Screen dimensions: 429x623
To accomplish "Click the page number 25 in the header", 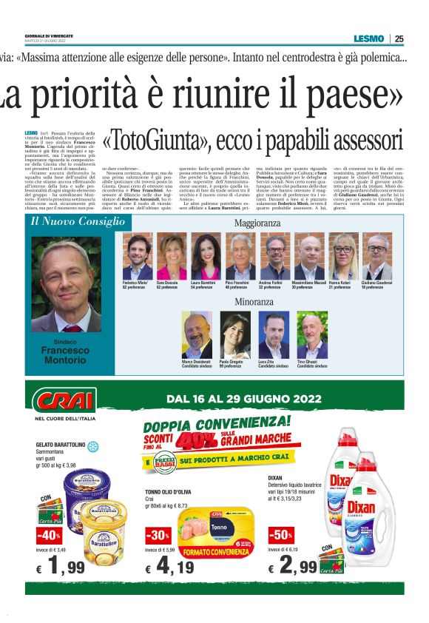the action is click(399, 38).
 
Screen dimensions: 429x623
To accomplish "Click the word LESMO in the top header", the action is click(368, 38).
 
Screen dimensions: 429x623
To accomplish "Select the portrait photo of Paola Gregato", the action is click(234, 335).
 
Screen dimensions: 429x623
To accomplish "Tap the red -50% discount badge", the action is click(281, 533).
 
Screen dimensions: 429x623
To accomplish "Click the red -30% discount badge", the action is click(158, 533).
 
